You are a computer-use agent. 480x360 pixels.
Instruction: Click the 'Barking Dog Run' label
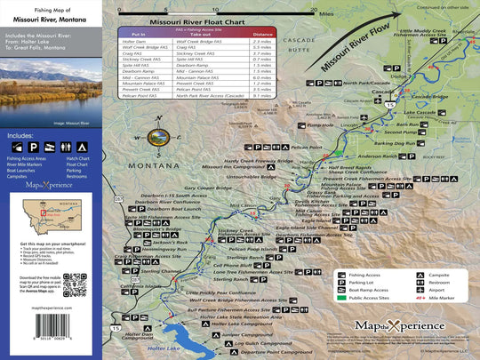tap(394, 143)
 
